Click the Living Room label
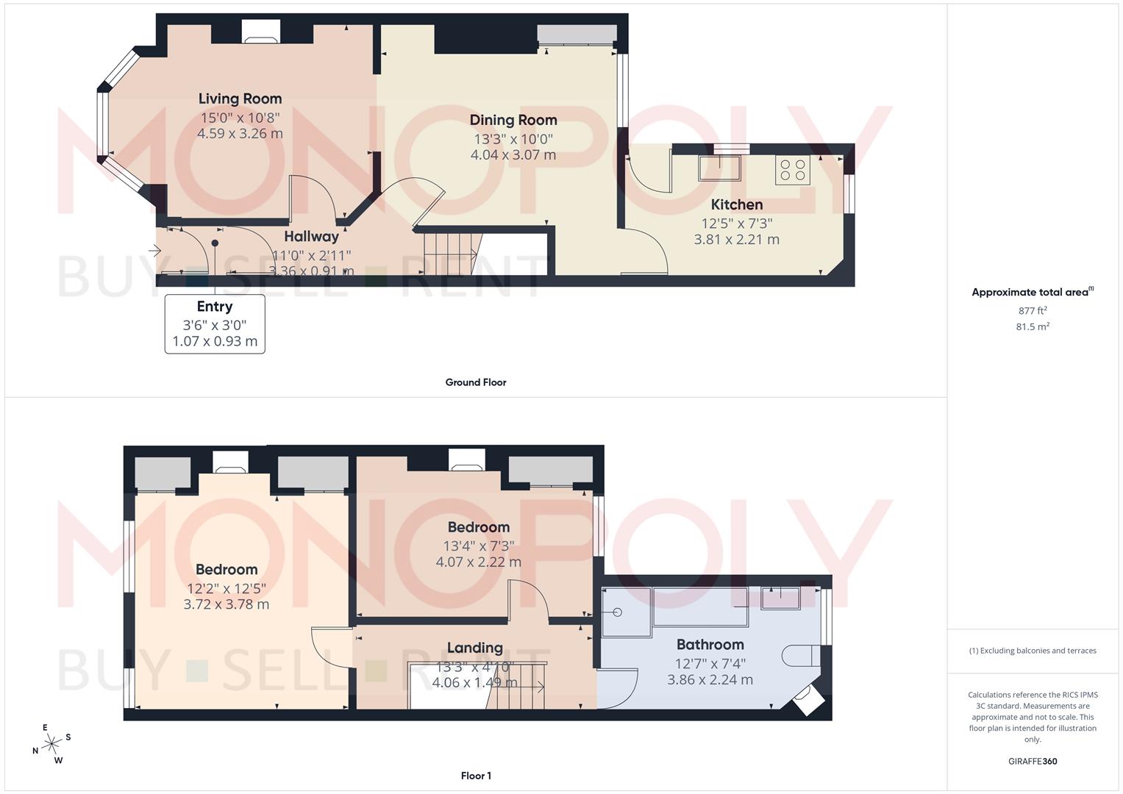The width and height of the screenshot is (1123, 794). [x=240, y=99]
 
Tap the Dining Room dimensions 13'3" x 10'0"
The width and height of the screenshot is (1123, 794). [x=513, y=139]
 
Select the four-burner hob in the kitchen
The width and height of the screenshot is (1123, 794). [x=792, y=171]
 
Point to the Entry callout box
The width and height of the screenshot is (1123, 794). [x=215, y=324]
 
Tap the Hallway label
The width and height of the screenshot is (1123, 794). [x=311, y=237]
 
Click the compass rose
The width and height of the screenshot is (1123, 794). [x=51, y=744]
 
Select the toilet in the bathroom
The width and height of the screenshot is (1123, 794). [x=800, y=655]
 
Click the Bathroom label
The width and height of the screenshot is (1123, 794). [x=710, y=645]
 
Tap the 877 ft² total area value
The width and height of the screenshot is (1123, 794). [x=1032, y=311]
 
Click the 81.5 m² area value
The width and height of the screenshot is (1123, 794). [x=1032, y=327]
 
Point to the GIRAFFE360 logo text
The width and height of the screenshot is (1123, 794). [x=1032, y=762]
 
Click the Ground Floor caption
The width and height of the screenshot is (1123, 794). [x=476, y=382]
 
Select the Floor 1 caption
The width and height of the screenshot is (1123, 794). [x=476, y=776]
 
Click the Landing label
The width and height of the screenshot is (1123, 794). [x=474, y=648]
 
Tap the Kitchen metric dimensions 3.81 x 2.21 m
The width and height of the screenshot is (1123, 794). [x=736, y=240]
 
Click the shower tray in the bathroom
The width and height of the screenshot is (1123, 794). [x=626, y=612]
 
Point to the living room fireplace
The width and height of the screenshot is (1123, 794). [x=260, y=32]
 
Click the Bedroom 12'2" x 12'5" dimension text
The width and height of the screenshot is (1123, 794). [x=226, y=588]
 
